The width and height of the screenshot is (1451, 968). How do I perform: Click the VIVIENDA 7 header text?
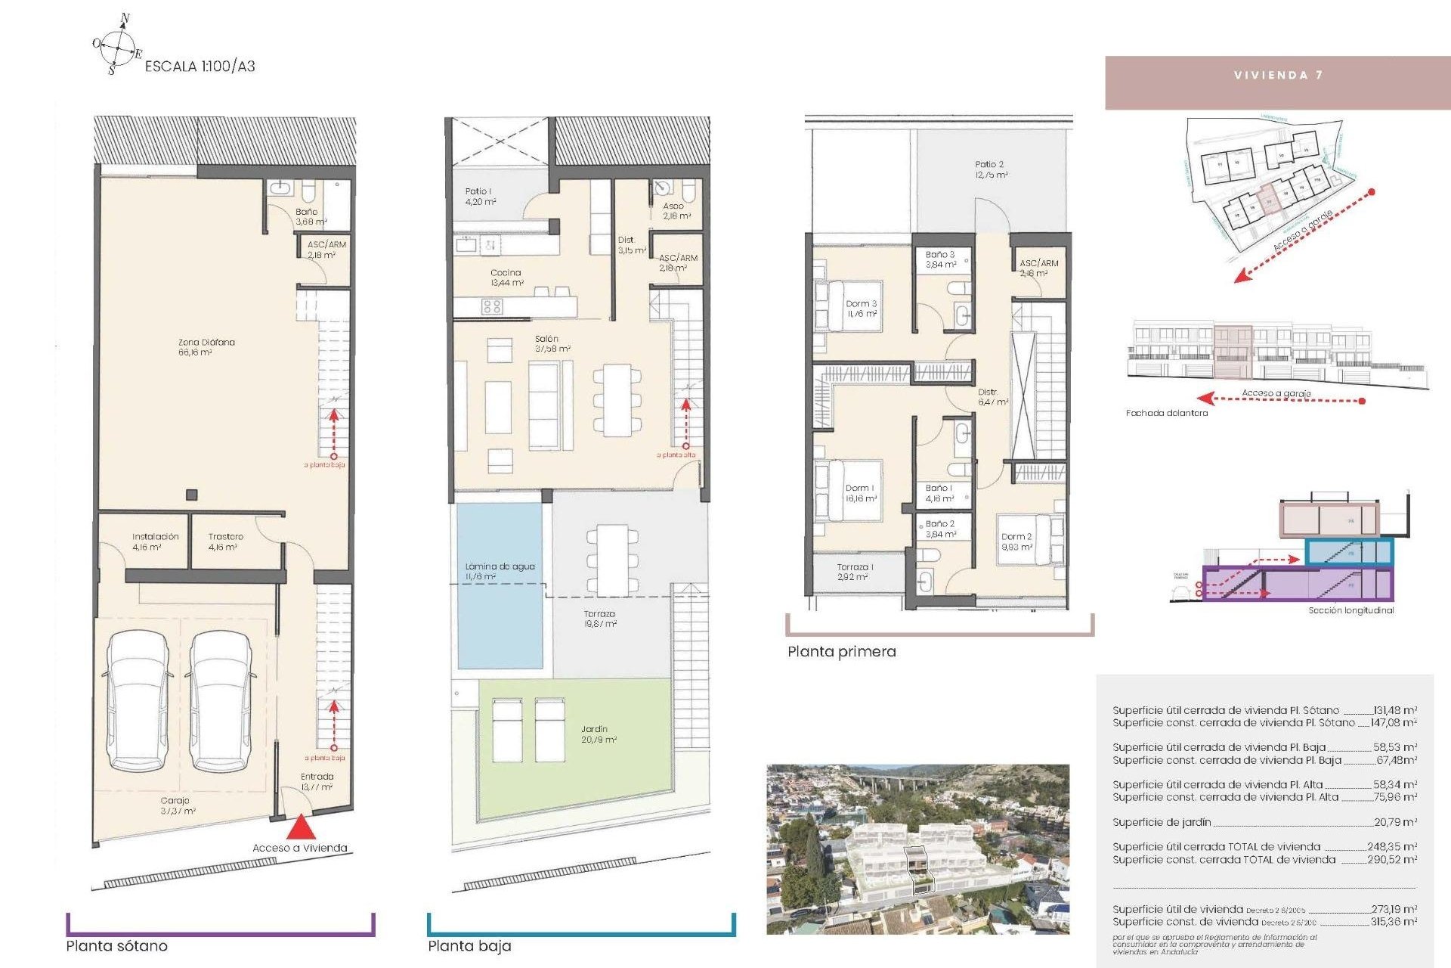tap(1278, 75)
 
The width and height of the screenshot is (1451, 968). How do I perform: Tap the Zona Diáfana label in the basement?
tap(206, 347)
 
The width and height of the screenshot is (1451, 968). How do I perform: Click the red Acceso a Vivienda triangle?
tap(301, 827)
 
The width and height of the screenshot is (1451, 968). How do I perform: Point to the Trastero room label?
tap(224, 541)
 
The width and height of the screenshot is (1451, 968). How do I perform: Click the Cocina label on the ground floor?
tap(506, 277)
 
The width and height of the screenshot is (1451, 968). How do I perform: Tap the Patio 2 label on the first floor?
tap(989, 169)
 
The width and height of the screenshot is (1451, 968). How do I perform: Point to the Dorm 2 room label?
tap(1016, 541)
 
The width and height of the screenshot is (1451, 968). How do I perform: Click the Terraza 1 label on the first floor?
tap(855, 572)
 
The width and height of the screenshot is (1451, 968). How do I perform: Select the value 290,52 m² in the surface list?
tap(1391, 860)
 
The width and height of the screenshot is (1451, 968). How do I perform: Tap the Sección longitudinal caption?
tap(1350, 610)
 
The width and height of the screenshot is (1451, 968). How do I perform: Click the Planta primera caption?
tap(841, 652)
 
